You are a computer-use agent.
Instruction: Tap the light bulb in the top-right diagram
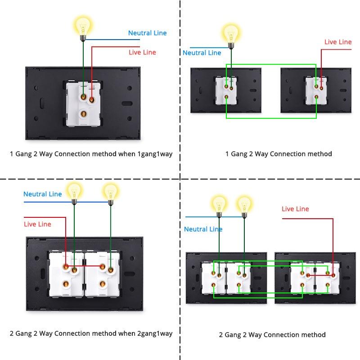231,33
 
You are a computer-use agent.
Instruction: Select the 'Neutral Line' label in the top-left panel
147,33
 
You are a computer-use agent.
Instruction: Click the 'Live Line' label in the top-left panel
142,52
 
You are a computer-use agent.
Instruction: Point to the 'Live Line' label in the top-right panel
338,42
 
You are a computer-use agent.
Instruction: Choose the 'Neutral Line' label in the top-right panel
202,53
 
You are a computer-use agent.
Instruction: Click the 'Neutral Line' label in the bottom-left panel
43,194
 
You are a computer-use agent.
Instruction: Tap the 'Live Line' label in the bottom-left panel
37,224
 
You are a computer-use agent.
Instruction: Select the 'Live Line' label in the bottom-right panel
295,209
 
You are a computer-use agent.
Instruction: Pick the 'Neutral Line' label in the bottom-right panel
203,229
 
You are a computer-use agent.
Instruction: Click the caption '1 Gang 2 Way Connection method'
279,154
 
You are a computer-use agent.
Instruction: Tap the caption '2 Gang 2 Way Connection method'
272,335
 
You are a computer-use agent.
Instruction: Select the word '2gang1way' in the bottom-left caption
155,333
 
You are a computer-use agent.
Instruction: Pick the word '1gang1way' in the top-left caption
155,154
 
